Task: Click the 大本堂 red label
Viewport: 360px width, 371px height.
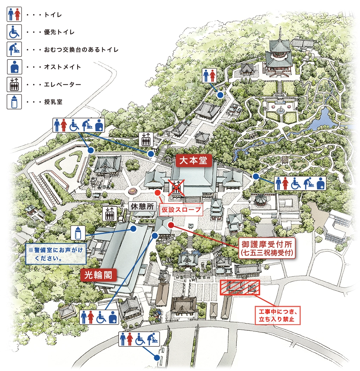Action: click(x=194, y=161)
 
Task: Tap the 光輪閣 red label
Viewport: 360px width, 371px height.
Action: click(x=98, y=274)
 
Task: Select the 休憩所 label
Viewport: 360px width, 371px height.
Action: click(x=143, y=207)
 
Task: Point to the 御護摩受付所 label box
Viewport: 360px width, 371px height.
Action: click(x=268, y=248)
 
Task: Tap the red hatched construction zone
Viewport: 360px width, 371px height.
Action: click(x=240, y=287)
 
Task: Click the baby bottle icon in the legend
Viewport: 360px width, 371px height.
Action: click(x=14, y=102)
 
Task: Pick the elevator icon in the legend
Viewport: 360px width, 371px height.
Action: click(x=14, y=85)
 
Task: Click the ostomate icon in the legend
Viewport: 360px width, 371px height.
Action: click(x=14, y=67)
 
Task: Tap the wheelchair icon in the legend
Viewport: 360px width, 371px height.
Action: click(x=14, y=32)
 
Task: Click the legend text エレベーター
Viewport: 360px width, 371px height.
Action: click(x=63, y=85)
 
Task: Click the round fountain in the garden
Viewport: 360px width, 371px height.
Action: click(x=280, y=111)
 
